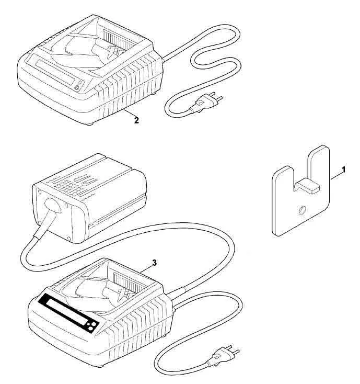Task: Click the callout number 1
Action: [343, 170]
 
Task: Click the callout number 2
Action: [136, 120]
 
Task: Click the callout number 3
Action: [154, 263]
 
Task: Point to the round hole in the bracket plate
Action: [301, 210]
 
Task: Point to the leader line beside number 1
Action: [336, 176]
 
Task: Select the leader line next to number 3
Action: [146, 268]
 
